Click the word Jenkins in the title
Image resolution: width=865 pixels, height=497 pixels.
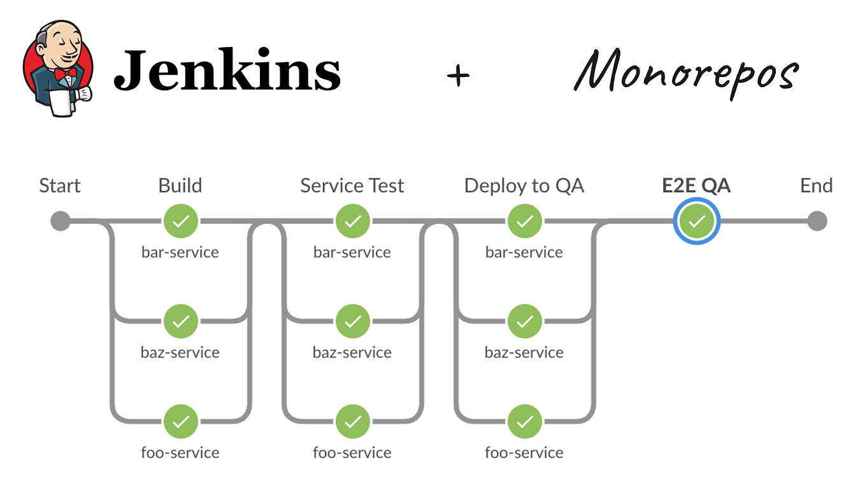coord(227,70)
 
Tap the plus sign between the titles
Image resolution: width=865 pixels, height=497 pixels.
coord(458,76)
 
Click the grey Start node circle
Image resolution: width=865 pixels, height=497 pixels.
coord(60,221)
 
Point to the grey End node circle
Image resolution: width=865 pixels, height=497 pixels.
coord(817,221)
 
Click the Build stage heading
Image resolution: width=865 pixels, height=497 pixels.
coord(180,186)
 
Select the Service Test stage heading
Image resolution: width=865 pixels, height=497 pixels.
coord(352,186)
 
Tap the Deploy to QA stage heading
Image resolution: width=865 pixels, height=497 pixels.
coord(524,186)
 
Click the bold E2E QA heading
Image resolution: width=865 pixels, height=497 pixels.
coord(697,186)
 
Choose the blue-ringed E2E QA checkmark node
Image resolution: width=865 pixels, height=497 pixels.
coord(697,221)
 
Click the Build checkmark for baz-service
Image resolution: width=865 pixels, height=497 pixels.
coord(181,321)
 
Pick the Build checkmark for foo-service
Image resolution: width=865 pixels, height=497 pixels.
coord(181,421)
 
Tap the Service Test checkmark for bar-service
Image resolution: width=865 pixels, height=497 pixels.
coord(352,221)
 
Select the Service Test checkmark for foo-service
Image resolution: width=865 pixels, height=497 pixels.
coord(352,421)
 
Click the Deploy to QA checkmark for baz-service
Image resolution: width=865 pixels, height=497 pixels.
coord(524,321)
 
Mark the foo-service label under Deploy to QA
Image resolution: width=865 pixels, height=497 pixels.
coord(524,453)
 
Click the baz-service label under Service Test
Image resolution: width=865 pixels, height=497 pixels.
coord(352,353)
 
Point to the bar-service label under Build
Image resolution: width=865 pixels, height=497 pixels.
coord(180,253)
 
